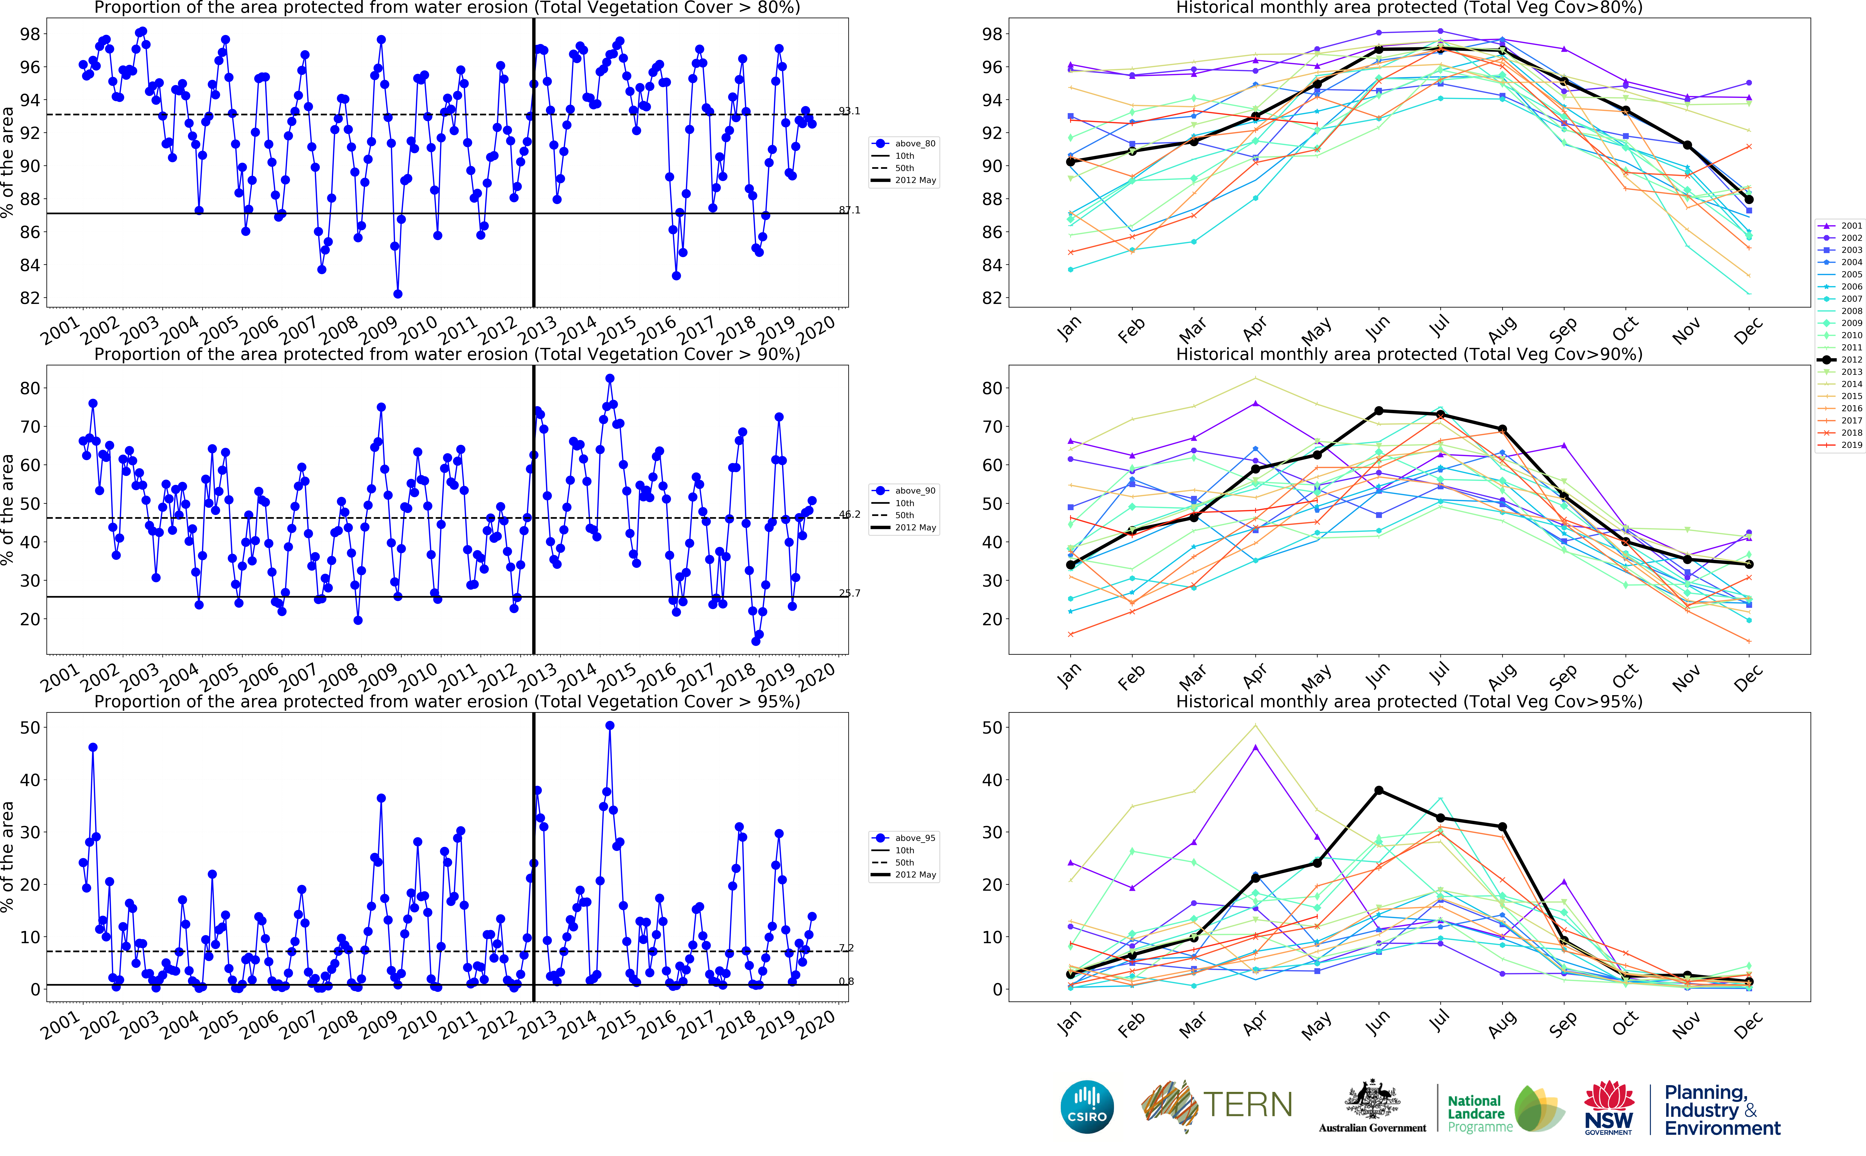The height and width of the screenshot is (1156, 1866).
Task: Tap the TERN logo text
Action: click(1248, 1105)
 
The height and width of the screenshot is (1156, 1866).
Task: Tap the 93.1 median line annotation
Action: click(849, 111)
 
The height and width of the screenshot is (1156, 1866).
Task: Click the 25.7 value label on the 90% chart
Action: click(849, 593)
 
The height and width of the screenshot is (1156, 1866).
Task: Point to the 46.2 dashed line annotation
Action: click(849, 515)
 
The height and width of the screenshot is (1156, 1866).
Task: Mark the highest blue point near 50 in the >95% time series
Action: click(609, 726)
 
